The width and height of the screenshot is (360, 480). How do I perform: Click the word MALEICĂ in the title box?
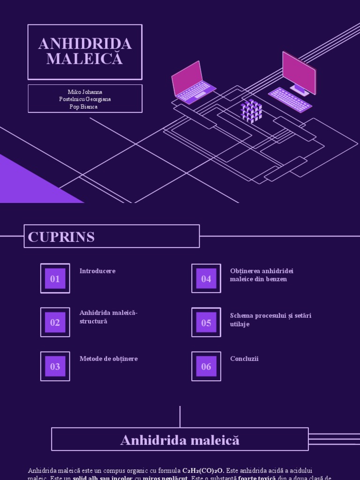85,59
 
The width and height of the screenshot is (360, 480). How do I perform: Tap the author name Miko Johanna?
85,92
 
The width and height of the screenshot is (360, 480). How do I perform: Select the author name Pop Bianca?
85,106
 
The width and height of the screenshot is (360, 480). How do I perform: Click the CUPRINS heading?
61,237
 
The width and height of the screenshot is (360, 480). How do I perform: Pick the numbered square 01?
55,279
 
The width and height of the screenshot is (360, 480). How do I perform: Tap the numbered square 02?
55,322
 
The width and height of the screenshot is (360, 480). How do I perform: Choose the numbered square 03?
55,367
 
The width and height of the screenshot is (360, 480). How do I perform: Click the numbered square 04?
206,279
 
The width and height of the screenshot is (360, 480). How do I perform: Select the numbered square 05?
206,322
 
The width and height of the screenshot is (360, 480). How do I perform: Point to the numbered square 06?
206,367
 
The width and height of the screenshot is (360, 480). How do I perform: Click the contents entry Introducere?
97,271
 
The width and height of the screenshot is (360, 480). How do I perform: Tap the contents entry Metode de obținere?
109,359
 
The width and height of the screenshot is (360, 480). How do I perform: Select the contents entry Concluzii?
244,359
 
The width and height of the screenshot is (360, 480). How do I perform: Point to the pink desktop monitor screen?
299,72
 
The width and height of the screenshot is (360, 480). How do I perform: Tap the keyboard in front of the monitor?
290,99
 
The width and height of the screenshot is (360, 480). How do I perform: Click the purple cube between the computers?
251,111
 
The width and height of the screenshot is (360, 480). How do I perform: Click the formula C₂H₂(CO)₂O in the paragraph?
203,470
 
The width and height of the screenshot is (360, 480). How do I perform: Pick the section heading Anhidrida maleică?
180,440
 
